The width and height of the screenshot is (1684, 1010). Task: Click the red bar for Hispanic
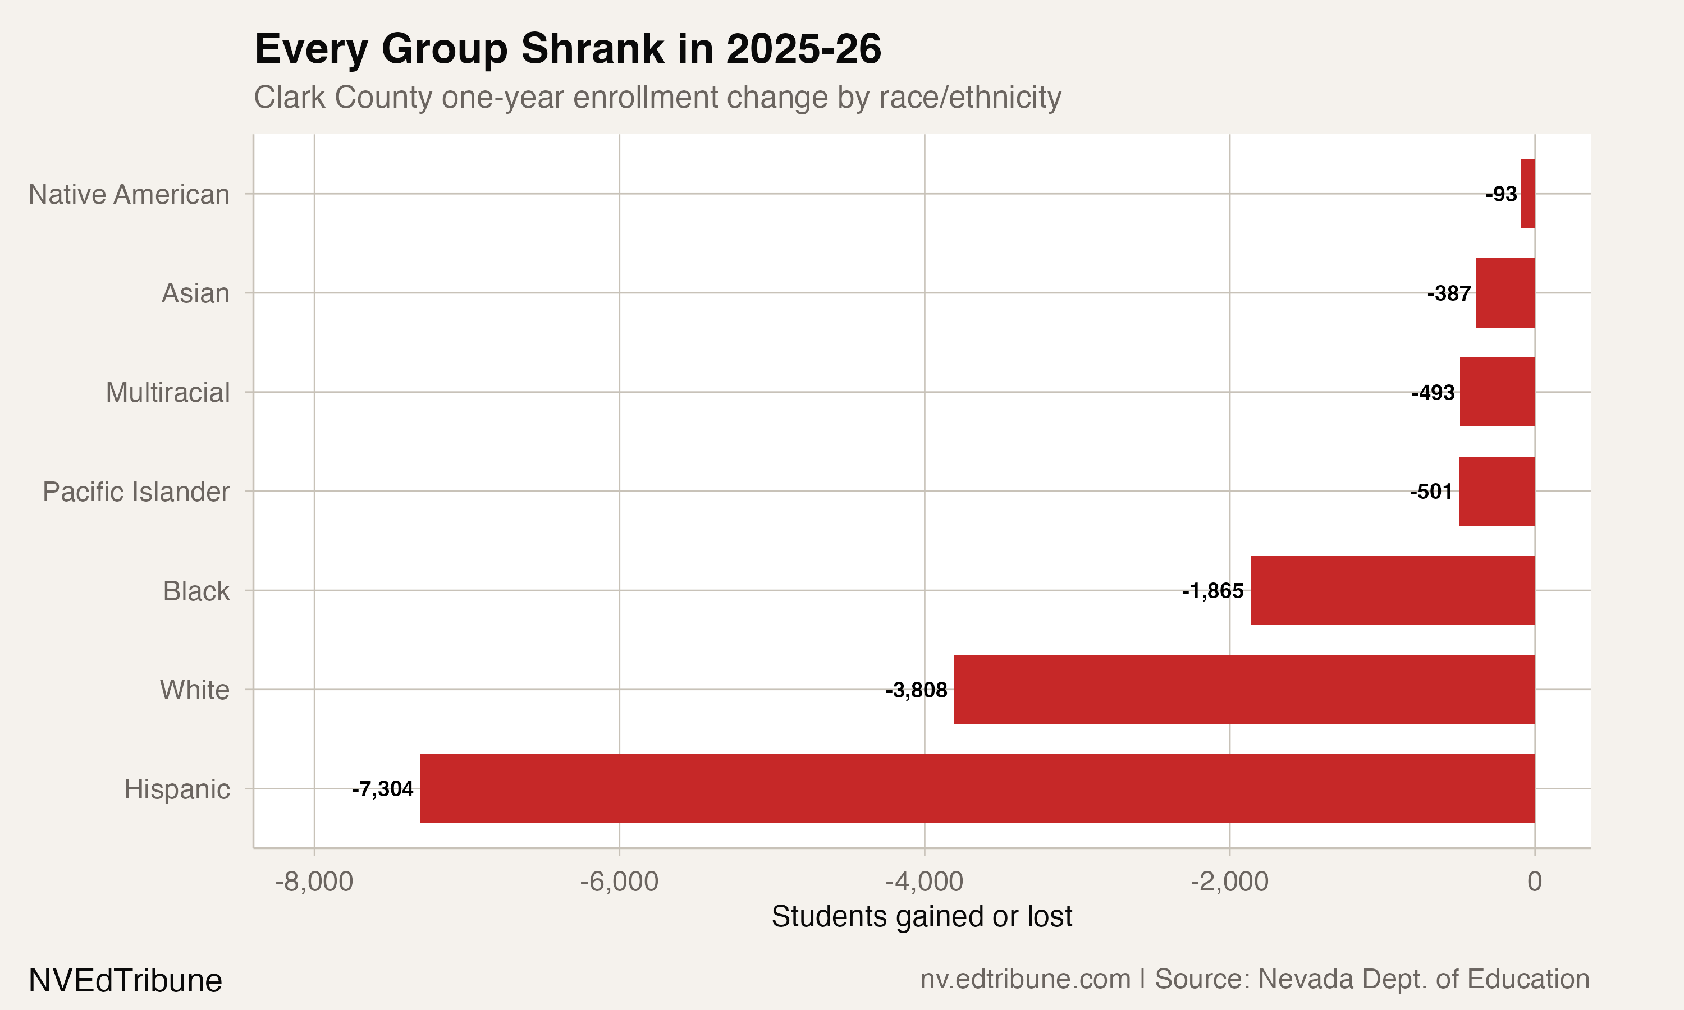click(x=977, y=788)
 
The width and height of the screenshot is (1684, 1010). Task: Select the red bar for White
click(x=1244, y=690)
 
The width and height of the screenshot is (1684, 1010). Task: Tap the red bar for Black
click(x=1393, y=590)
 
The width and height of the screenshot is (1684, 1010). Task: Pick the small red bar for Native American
click(x=1527, y=194)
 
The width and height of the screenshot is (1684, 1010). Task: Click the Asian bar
click(x=1505, y=293)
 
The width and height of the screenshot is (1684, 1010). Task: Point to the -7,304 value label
click(x=382, y=789)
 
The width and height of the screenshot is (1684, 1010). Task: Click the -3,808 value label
click(x=916, y=690)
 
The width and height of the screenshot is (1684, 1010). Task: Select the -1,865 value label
click(x=1212, y=591)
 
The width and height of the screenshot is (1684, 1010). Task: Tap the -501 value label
click(x=1431, y=492)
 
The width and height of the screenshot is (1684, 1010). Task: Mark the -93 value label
click(x=1501, y=194)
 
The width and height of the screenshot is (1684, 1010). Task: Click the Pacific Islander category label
click(x=136, y=492)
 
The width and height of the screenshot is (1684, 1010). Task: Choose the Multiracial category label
click(x=167, y=393)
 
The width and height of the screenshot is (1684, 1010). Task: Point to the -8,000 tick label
click(x=314, y=882)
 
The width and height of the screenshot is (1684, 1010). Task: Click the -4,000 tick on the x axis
click(x=924, y=882)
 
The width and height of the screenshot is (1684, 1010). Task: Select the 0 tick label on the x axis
click(x=1534, y=882)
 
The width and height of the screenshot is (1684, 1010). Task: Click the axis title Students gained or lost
click(x=922, y=916)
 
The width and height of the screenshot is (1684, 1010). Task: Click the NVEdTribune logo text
click(x=125, y=980)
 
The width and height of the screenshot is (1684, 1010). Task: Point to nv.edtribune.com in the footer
click(x=1024, y=979)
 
